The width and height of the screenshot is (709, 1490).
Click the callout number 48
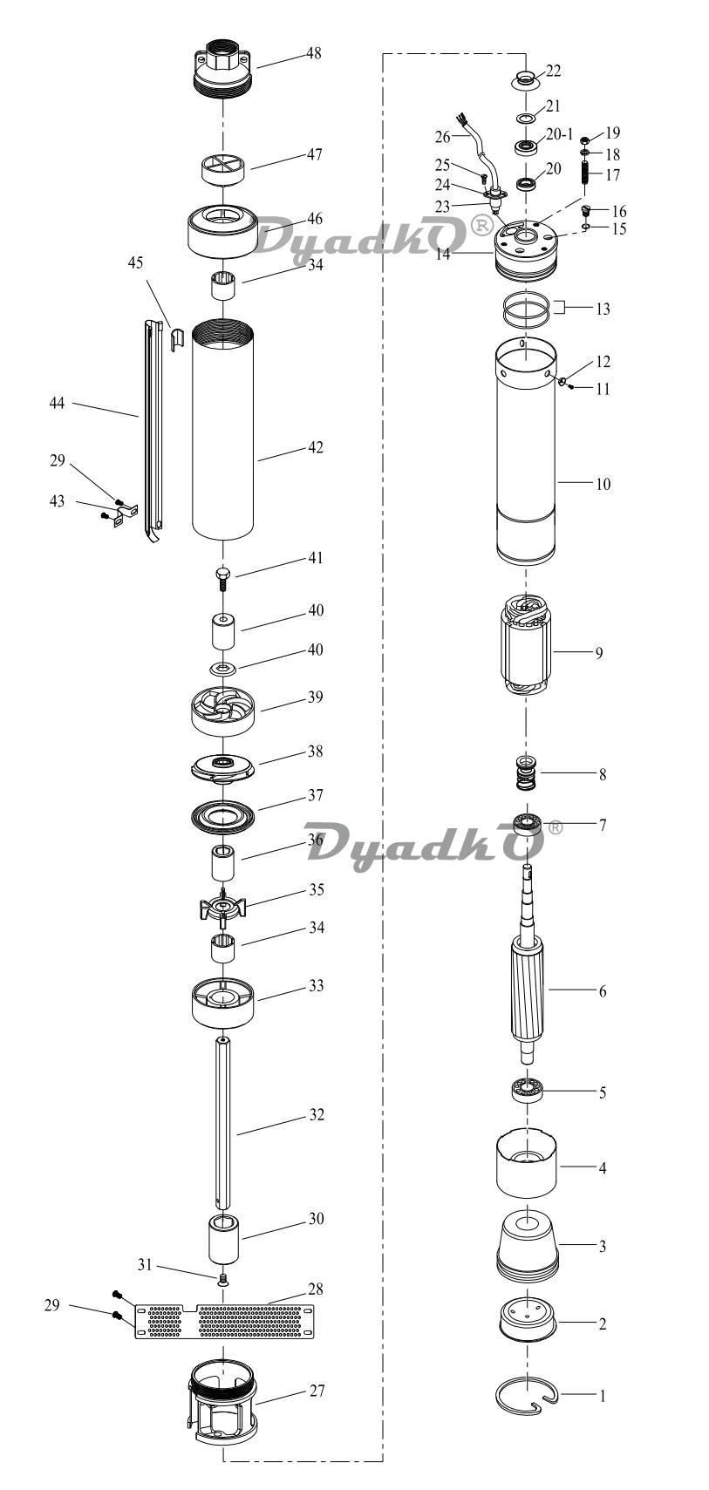click(313, 53)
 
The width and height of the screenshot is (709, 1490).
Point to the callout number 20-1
click(559, 134)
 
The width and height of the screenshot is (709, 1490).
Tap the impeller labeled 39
click(223, 711)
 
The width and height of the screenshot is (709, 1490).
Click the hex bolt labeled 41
click(223, 576)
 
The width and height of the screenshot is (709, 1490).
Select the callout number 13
click(603, 310)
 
